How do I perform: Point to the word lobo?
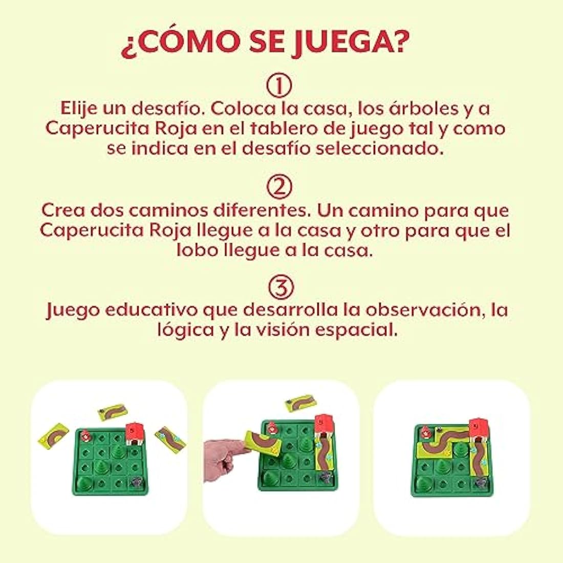198,251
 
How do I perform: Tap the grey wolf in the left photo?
137,480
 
